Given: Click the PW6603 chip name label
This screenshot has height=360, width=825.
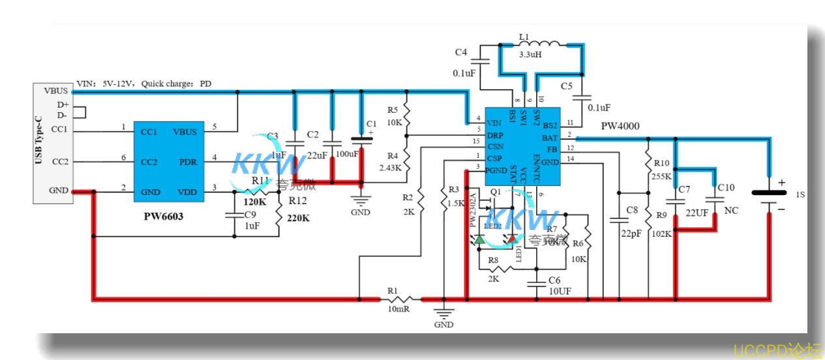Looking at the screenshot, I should coord(163,215).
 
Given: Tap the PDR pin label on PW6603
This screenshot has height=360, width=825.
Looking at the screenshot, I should coord(188,162).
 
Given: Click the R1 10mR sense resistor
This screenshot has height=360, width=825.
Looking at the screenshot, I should coord(400,299).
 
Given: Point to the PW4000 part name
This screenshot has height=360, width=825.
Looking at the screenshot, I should coord(620,125).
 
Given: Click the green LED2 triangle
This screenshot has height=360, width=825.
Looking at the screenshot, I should coord(479,239).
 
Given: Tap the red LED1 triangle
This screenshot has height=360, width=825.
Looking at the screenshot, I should coord(512,239).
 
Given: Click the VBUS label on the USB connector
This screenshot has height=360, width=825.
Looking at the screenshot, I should coord(56,91).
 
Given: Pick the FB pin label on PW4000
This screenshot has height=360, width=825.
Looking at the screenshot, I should coord(550,150).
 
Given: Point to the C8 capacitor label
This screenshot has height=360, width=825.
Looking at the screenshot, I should coord(631,210).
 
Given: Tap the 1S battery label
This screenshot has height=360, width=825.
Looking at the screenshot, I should coord(801,194).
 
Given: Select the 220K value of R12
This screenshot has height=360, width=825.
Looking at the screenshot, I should coord(297,218).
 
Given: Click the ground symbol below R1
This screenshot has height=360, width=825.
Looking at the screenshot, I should coord(443,315).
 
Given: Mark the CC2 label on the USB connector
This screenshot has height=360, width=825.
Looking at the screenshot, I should coord(59,162).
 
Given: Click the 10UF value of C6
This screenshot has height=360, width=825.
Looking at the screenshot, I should coord(560,291).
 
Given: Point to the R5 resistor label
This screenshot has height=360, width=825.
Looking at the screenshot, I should coord(393,110).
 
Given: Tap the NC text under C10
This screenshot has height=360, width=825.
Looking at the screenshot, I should coord(732,211).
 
